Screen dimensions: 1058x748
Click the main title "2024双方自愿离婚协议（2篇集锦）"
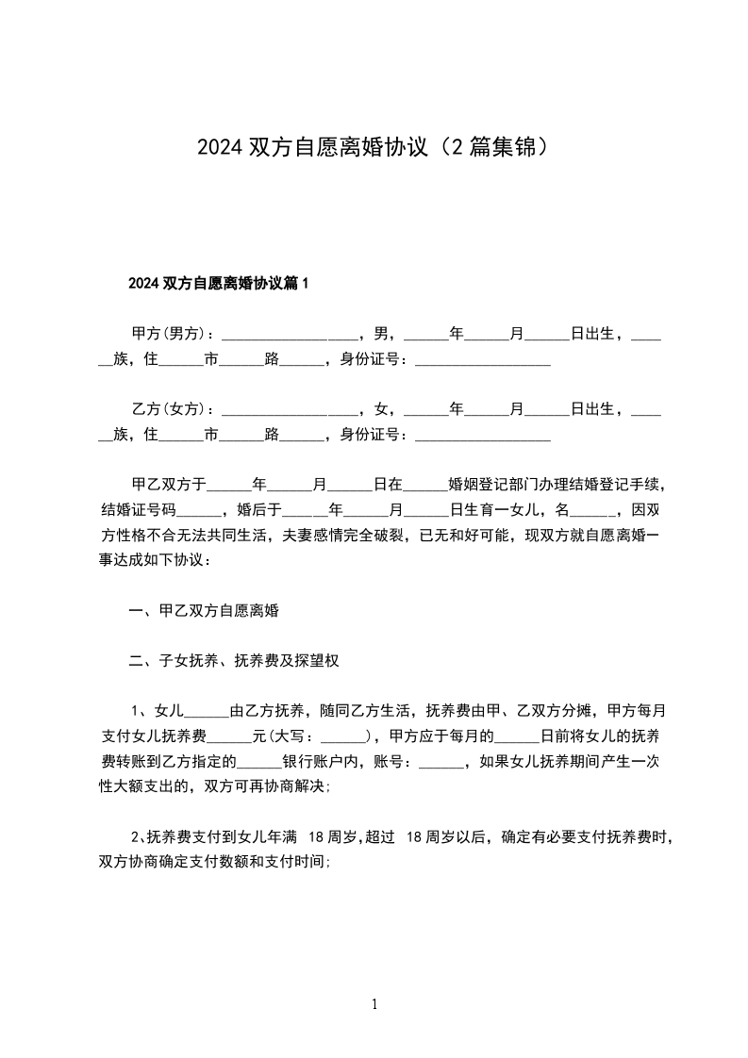click(x=374, y=148)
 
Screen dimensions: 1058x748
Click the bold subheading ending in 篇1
click(x=219, y=283)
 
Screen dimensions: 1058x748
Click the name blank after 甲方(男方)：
click(x=290, y=336)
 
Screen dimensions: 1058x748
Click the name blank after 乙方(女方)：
click(x=290, y=411)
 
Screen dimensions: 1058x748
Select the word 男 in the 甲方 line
click(x=381, y=334)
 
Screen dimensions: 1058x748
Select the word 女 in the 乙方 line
click(x=381, y=409)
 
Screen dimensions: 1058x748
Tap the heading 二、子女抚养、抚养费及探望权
click(x=234, y=661)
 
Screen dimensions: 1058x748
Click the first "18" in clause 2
click(x=317, y=836)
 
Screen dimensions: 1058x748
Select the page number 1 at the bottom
click(x=374, y=1005)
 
